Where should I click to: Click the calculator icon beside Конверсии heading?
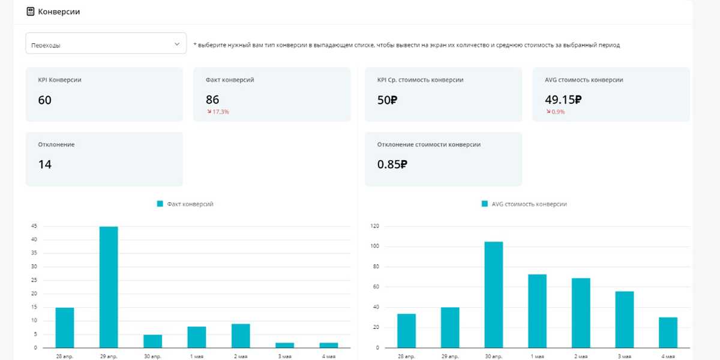31,11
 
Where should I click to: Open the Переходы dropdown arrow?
177,44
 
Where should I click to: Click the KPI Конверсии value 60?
45,100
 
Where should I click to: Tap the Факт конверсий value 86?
212,100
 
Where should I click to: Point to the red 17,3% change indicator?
218,112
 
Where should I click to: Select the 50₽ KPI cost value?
387,100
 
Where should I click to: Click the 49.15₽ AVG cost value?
563,100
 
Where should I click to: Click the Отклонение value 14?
45,164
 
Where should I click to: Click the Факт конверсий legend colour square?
160,204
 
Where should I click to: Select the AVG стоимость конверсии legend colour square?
485,204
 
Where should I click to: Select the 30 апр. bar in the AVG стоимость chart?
494,295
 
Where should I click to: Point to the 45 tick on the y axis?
34,226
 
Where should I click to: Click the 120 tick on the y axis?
375,226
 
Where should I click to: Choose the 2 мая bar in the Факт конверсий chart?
241,335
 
